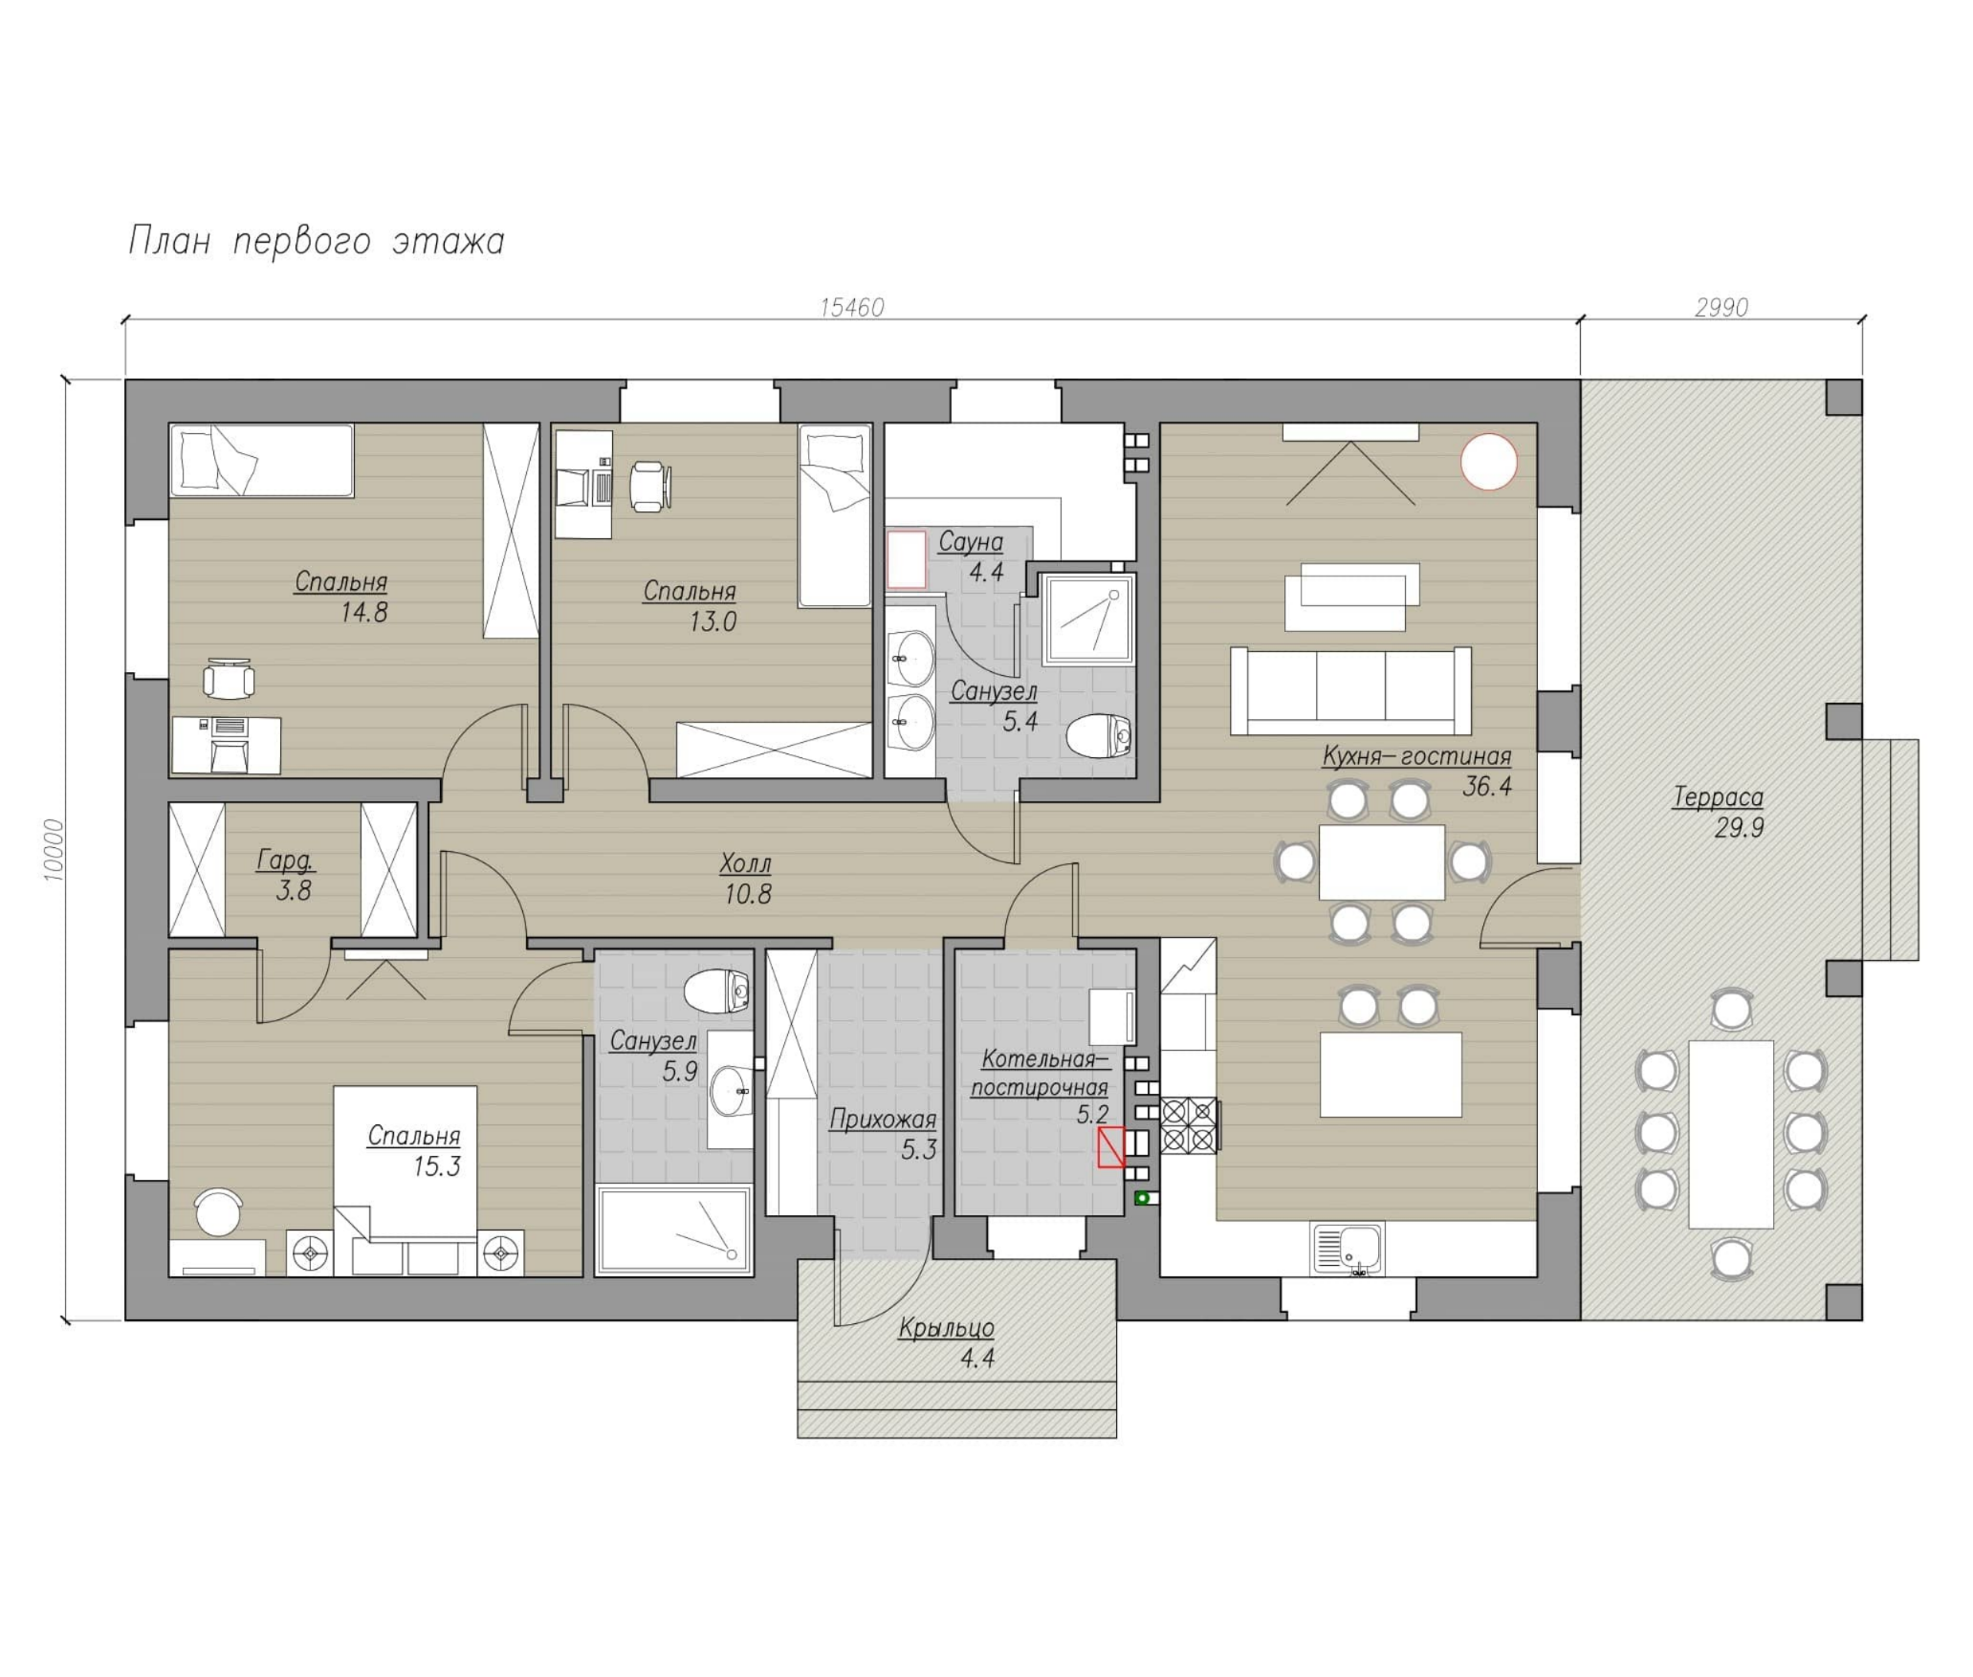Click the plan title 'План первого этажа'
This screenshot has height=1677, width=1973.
(317, 241)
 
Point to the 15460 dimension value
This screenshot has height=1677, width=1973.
(852, 307)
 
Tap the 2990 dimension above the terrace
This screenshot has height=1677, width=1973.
(1721, 307)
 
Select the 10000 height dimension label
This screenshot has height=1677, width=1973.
(55, 850)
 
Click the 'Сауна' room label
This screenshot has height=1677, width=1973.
(971, 542)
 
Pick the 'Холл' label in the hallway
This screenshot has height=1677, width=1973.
(745, 864)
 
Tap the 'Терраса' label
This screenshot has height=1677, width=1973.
(1718, 797)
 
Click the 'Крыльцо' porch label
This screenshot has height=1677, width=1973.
(947, 1327)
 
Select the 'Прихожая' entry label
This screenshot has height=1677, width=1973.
(883, 1119)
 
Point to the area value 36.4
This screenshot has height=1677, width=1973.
(1487, 786)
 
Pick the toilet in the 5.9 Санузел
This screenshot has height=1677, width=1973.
(716, 990)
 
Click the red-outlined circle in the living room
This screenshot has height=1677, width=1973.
(1488, 462)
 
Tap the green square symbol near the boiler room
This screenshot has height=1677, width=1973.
(1142, 1197)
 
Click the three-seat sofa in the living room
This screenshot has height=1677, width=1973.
(1350, 690)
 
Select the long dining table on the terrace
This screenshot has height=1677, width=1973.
(1731, 1134)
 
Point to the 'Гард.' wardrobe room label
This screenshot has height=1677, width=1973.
(285, 860)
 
